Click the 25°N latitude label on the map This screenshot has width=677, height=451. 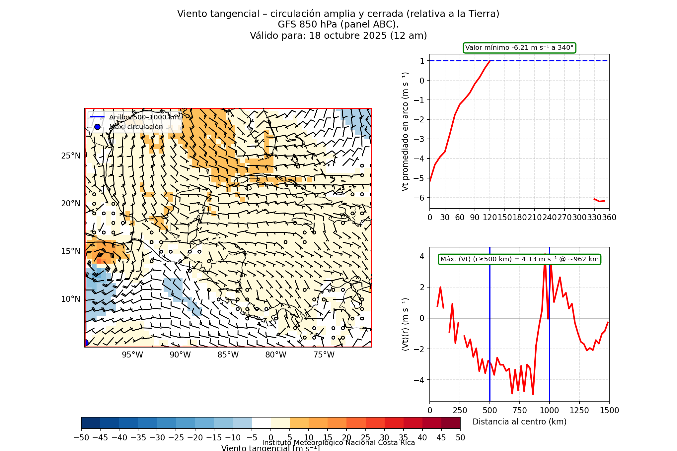click(x=71, y=156)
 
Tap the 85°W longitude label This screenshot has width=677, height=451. click(x=228, y=355)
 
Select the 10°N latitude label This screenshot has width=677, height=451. click(x=71, y=299)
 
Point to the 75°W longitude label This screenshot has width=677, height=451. click(x=324, y=355)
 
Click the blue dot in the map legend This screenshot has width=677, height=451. click(x=97, y=127)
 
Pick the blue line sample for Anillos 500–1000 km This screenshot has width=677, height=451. click(x=97, y=117)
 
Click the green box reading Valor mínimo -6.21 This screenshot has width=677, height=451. click(x=519, y=48)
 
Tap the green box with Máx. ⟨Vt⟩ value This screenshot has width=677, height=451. click(x=519, y=259)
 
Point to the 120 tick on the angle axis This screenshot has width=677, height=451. click(x=490, y=218)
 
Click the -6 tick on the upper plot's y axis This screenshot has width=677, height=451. click(x=422, y=198)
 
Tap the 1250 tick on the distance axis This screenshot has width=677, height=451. click(x=579, y=411)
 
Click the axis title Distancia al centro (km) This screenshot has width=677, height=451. click(x=519, y=422)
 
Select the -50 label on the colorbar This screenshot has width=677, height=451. click(x=81, y=438)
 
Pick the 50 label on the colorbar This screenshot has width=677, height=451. click(x=460, y=438)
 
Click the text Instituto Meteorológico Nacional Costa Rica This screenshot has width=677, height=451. click(x=338, y=443)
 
